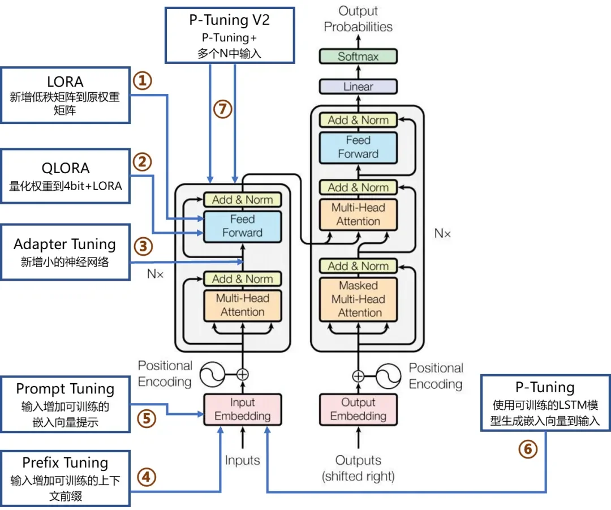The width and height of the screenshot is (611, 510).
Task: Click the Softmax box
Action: point(358,57)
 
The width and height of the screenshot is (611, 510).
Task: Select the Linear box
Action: point(358,87)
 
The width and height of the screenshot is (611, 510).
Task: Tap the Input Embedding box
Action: point(242,409)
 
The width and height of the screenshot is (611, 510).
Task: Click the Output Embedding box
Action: point(358,409)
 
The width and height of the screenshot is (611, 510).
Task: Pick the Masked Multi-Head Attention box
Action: point(358,299)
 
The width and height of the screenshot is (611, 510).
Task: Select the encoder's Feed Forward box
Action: point(242,226)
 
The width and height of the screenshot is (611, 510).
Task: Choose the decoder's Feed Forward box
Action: point(358,147)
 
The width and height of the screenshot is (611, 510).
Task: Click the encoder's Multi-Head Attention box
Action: point(242,305)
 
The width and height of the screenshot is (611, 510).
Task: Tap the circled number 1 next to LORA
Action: point(143,81)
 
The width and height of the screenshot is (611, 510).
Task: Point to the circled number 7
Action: point(222,109)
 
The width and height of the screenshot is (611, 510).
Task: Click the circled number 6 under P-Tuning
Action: point(528,449)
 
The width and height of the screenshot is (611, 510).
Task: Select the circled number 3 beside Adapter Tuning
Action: point(143,246)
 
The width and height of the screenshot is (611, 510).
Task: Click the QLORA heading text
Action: point(66,169)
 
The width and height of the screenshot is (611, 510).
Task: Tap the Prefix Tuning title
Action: point(65,463)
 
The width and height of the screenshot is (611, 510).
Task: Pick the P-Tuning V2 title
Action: point(230,20)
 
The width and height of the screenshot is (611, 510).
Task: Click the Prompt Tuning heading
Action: point(65,389)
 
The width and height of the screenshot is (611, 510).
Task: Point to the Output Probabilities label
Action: point(358,19)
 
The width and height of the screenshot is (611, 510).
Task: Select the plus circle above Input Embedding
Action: point(242,375)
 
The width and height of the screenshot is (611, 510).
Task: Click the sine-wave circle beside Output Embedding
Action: point(388,376)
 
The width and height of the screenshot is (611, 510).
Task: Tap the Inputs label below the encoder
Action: point(242,461)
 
